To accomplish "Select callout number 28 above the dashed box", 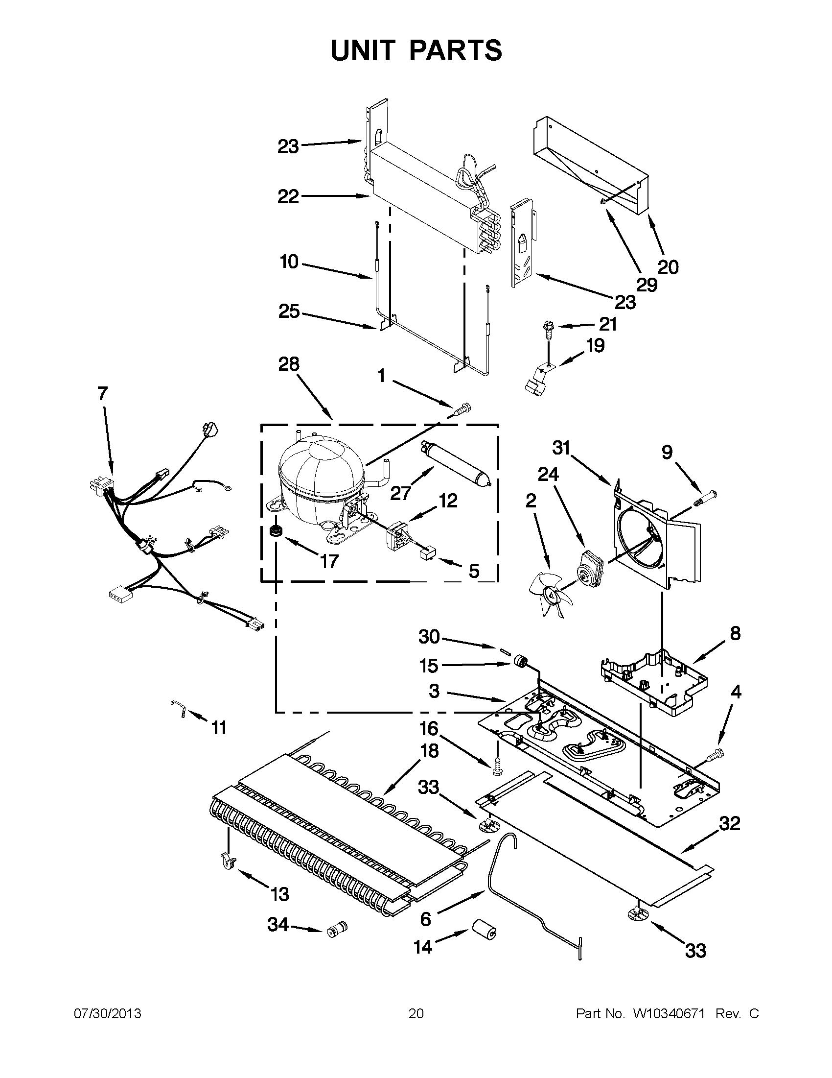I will point(289,364).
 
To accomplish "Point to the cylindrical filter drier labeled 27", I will point(456,464).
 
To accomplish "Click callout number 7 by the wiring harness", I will point(102,394).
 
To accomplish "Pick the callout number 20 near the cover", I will point(668,267).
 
